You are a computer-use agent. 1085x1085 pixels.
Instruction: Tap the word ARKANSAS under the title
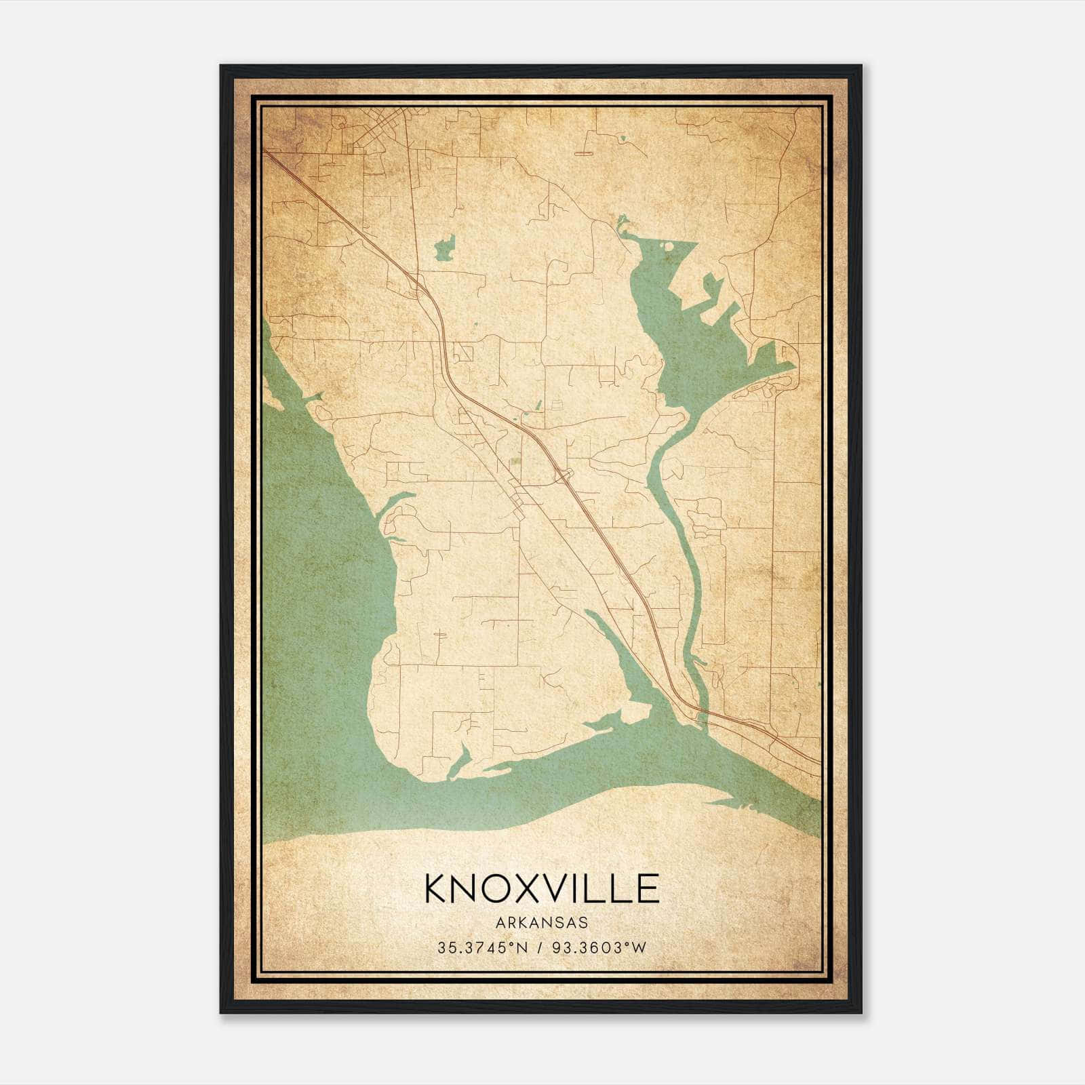(542, 923)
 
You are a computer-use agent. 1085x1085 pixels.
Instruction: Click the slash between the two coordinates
(539, 948)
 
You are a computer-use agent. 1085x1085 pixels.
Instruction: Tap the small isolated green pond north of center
(445, 249)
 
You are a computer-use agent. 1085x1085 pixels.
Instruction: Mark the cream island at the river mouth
(634, 713)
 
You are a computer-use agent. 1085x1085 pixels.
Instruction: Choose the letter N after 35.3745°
(522, 948)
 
